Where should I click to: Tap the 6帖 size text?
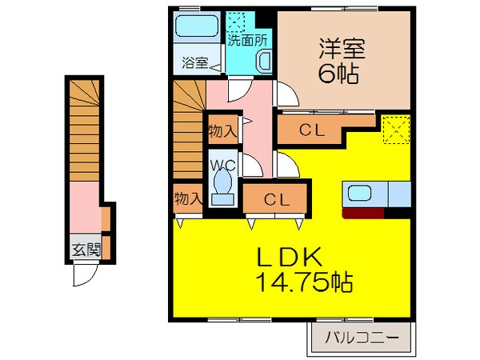click(x=337, y=74)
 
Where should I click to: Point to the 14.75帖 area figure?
click(x=306, y=282)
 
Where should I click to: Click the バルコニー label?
click(x=362, y=338)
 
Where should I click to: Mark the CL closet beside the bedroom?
click(x=311, y=130)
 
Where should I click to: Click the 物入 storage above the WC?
click(x=222, y=130)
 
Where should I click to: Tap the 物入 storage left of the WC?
click(x=188, y=198)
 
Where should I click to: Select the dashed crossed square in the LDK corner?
click(x=395, y=129)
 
